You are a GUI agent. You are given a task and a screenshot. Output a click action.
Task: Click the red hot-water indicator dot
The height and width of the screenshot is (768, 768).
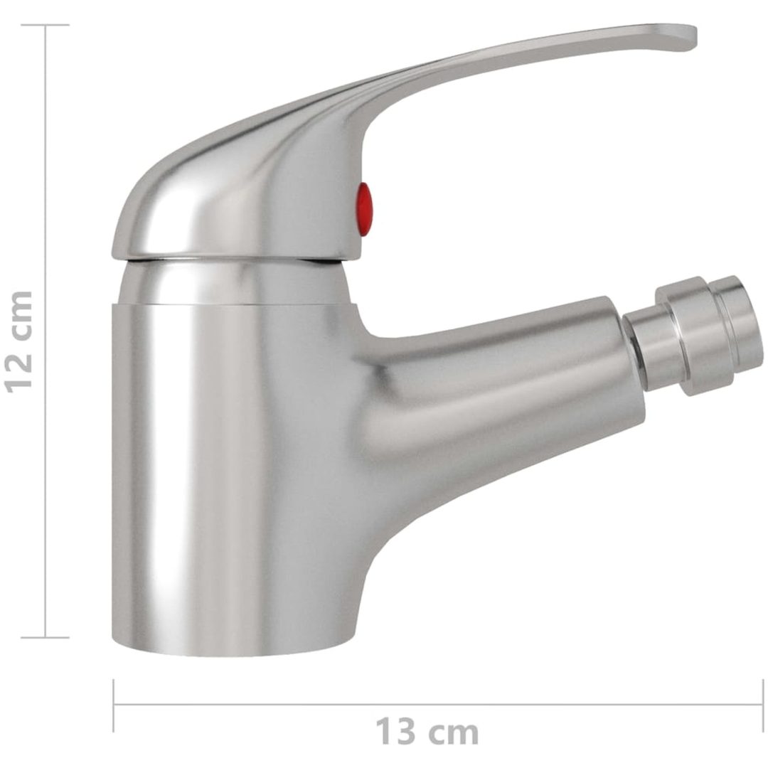(x=364, y=208)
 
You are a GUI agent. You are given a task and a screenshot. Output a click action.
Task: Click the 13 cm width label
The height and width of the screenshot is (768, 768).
(x=427, y=731)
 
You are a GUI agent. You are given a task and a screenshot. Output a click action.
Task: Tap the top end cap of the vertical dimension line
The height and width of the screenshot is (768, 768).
(x=46, y=25)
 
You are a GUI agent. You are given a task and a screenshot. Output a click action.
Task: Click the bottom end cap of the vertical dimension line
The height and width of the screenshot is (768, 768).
(x=46, y=637)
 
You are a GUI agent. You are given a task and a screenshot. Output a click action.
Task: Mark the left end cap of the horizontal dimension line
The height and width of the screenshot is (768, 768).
(x=114, y=705)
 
